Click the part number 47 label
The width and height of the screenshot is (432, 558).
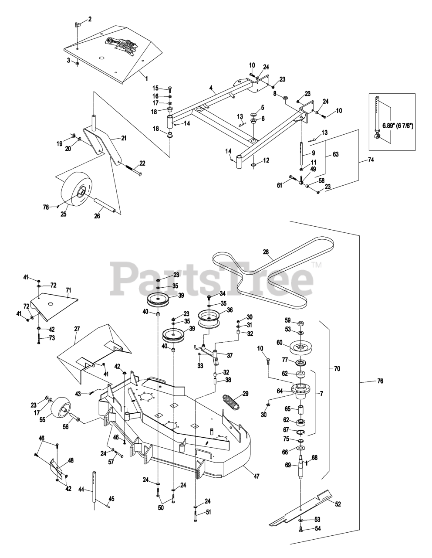coord(256,476)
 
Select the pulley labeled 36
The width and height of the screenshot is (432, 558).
coord(210,317)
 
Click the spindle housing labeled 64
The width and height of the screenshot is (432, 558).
coord(300,389)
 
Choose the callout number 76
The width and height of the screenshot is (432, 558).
coord(380,381)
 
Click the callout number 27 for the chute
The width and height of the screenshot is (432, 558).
coord(77,329)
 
